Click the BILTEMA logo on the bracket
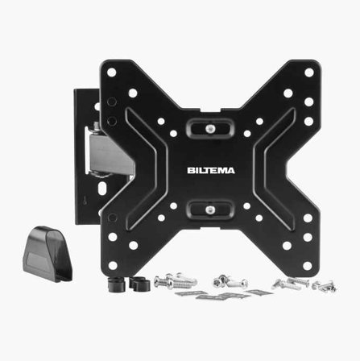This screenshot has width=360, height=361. click(x=211, y=171)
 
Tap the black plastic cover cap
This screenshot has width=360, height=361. click(x=48, y=254)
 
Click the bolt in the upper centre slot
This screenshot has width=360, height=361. click(x=210, y=129)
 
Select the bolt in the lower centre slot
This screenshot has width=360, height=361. click(x=210, y=210)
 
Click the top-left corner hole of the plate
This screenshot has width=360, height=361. click(x=111, y=73)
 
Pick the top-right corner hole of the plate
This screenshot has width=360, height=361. click(x=309, y=73)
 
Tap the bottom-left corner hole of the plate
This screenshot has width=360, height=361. click(x=113, y=265)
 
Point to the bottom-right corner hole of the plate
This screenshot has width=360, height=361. click(x=308, y=266)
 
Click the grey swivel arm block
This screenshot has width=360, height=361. click(x=110, y=155)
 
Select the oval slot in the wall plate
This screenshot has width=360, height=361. click(x=102, y=188)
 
